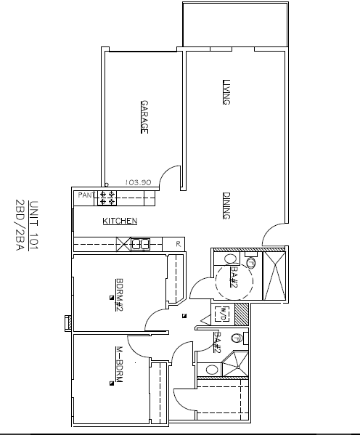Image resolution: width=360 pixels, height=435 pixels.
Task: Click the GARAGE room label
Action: click(144, 117)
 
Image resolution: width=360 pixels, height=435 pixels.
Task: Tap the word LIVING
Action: click(226, 92)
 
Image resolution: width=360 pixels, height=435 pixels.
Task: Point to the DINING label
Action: click(226, 206)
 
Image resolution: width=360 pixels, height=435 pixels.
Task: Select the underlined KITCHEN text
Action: click(120, 221)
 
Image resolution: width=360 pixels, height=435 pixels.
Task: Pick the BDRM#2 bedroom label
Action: click(119, 295)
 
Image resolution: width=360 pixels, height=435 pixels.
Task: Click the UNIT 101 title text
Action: click(33, 225)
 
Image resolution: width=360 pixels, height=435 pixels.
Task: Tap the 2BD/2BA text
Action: click(20, 225)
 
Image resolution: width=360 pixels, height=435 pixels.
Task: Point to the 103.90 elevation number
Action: click(138, 182)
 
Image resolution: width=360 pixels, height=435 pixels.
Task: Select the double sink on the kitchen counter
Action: click(140, 245)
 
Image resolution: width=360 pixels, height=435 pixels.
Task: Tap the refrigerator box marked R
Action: click(173, 244)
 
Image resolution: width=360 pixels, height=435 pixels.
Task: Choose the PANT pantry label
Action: click(86, 195)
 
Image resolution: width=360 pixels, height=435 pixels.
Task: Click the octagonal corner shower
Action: click(235, 364)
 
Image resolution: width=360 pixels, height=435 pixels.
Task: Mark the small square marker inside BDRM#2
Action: click(112, 298)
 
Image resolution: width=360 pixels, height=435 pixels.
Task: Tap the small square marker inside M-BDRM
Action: click(112, 383)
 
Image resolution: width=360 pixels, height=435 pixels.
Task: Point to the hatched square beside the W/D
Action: click(242, 314)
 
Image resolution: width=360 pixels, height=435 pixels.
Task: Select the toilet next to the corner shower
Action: click(237, 338)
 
